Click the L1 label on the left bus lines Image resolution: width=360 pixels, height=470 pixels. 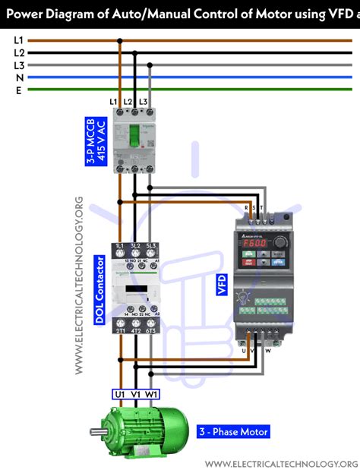pyautogui.click(x=19, y=39)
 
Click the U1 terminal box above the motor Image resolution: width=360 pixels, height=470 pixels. pyautogui.click(x=119, y=394)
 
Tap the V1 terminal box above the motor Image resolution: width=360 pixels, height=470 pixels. pyautogui.click(x=136, y=394)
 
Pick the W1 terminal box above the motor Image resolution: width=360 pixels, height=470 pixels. pyautogui.click(x=153, y=394)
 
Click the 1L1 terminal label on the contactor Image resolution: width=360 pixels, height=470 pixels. pyautogui.click(x=120, y=248)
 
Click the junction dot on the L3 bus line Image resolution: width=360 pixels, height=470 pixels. pyautogui.click(x=150, y=65)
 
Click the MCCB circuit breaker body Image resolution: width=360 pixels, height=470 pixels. pyautogui.click(x=134, y=140)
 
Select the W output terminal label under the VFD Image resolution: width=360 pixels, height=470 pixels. pyautogui.click(x=267, y=351)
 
